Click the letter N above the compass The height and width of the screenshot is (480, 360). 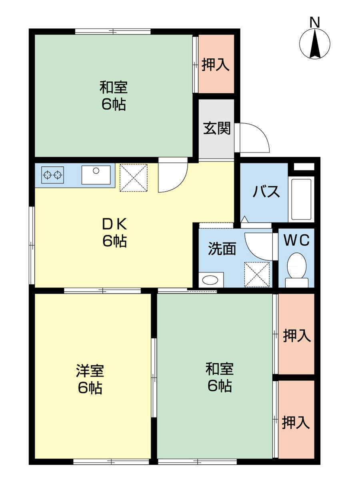pos(315,22)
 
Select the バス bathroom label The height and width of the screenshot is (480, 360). pos(266,191)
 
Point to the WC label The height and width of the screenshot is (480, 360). pos(297,240)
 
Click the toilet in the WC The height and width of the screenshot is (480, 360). pos(297,270)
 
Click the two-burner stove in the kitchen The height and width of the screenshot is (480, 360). pos(52,175)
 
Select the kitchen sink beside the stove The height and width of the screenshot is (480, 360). pos(96,175)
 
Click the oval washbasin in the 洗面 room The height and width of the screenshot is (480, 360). pos(210,280)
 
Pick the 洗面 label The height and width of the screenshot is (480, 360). pos(222,249)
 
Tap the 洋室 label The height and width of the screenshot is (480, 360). pos(90,371)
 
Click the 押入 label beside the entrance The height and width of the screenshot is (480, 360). pos(216,64)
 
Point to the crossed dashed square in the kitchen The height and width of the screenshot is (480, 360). pos(134,178)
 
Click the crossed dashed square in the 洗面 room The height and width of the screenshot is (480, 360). pos(257,274)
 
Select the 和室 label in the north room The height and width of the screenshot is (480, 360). pos(114,87)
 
